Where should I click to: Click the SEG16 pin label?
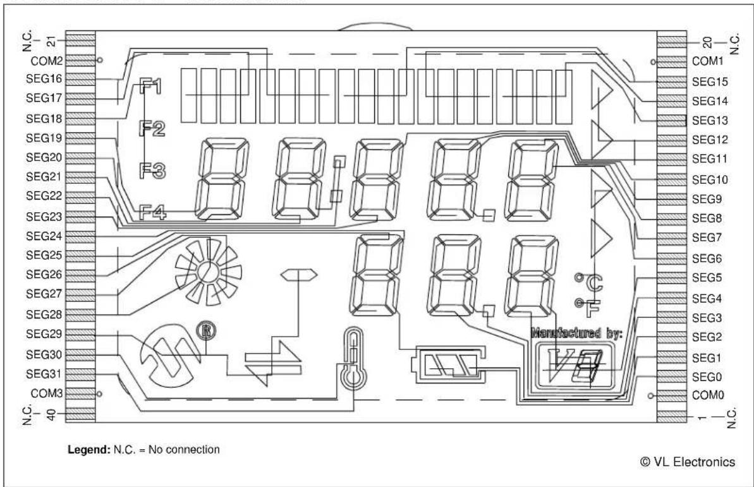click(44, 79)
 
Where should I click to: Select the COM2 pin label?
click(47, 61)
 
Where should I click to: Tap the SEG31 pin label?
click(44, 374)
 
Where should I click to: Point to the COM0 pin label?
click(708, 395)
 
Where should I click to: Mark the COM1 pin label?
click(708, 61)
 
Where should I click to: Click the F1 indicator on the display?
click(150, 87)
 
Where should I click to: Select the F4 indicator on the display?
click(152, 212)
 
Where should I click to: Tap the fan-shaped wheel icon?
click(208, 272)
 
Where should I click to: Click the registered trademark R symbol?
click(206, 331)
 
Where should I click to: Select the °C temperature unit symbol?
click(589, 282)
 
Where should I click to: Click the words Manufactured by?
click(576, 333)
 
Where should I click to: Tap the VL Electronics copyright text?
click(688, 462)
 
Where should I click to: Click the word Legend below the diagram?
click(89, 450)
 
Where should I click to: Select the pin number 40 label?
click(51, 414)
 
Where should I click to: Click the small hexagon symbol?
click(299, 275)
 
